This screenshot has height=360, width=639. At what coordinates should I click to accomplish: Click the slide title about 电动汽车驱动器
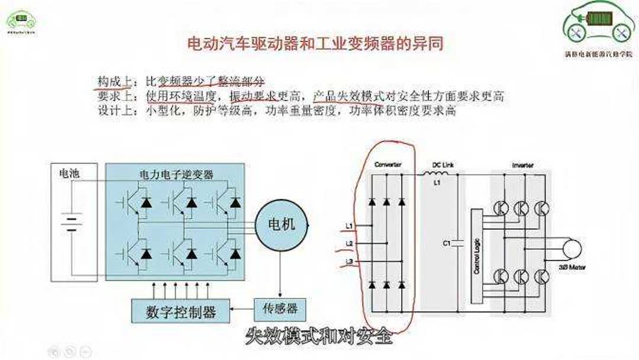315,44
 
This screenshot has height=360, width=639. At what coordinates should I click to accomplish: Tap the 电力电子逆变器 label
176,175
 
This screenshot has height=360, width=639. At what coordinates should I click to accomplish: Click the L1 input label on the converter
349,226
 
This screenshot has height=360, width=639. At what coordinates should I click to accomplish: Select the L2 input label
349,243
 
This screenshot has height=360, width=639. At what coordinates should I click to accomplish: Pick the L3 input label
349,261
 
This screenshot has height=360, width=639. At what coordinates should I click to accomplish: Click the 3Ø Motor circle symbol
572,249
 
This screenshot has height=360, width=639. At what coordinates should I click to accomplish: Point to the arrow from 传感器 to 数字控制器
242,309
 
